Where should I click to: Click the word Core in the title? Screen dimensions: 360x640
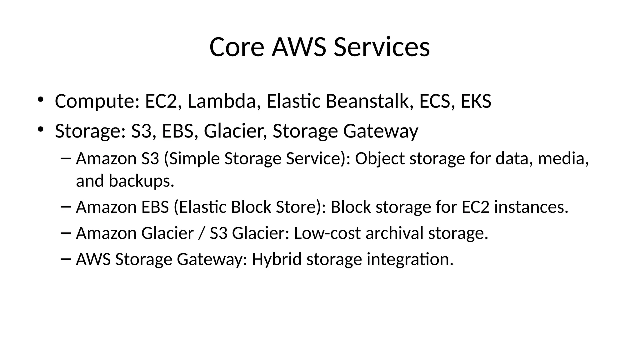point(237,47)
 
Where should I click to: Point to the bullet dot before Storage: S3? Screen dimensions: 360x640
point(40,129)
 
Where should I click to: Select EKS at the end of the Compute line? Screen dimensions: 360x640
point(476,101)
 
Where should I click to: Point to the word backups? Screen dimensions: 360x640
point(141,181)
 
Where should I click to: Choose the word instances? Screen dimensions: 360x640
point(531,207)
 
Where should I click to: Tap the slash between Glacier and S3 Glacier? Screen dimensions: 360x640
point(202,233)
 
